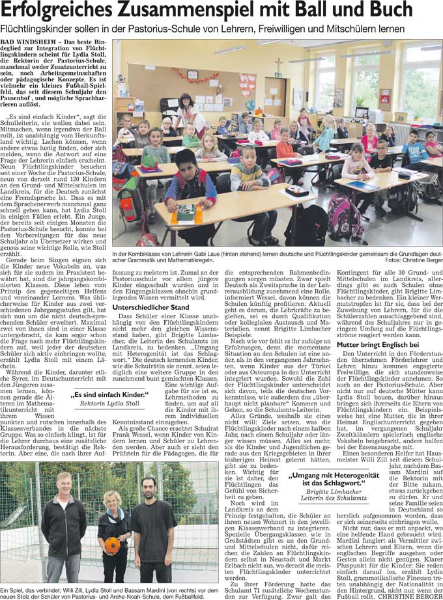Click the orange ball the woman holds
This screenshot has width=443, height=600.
(113, 545)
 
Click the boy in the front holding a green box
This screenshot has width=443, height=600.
(188, 189)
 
